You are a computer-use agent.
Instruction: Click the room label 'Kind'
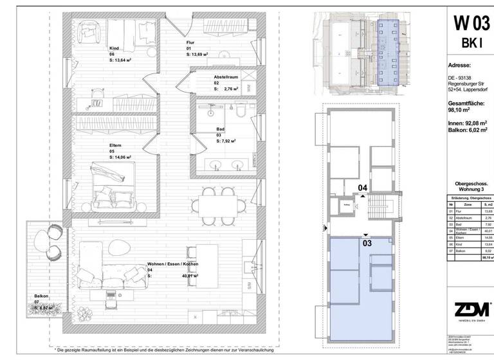[114, 48]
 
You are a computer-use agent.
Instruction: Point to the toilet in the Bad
[239, 113]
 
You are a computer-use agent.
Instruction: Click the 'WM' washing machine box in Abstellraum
[250, 89]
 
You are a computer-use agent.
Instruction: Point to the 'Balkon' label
[42, 296]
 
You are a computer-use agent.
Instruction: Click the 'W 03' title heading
[471, 24]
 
